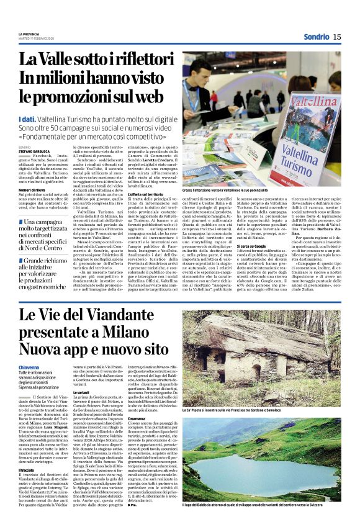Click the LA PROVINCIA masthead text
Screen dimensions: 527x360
click(29, 34)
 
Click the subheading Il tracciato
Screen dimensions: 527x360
click(28, 454)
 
